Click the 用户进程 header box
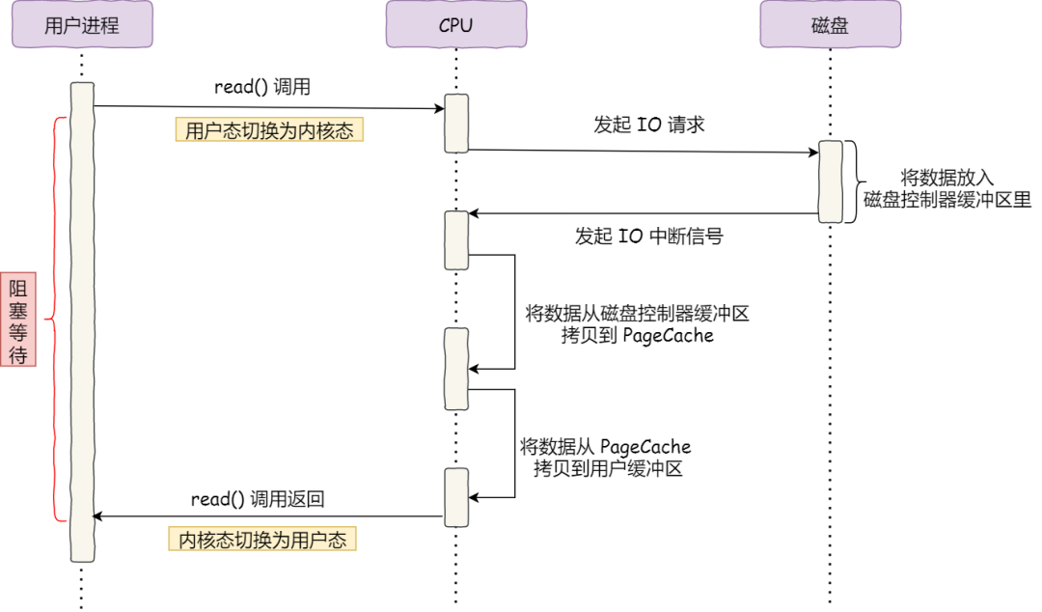click(x=82, y=25)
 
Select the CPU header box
click(x=455, y=25)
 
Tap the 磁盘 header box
click(x=830, y=25)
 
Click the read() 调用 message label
click(x=262, y=87)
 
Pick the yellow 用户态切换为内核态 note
click(x=269, y=130)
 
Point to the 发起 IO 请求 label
click(x=649, y=125)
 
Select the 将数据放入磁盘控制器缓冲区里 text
click(x=946, y=190)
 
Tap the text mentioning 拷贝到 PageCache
click(x=637, y=324)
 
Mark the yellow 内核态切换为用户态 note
click(x=262, y=540)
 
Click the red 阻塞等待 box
click(x=18, y=321)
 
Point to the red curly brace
click(x=57, y=320)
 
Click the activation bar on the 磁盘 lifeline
click(x=830, y=181)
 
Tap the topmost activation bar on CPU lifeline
click(x=456, y=123)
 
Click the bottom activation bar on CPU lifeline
click(x=456, y=497)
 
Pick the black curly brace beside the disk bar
click(x=852, y=181)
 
